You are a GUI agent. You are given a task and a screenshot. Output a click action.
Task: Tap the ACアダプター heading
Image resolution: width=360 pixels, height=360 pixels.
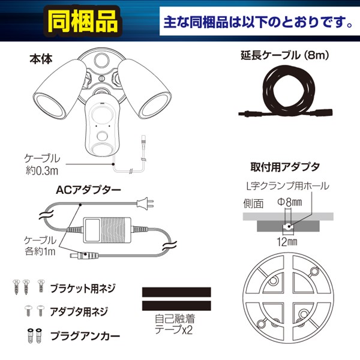pos(88,190)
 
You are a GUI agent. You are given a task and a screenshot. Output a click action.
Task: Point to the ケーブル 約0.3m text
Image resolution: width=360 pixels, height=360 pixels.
pos(41,164)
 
